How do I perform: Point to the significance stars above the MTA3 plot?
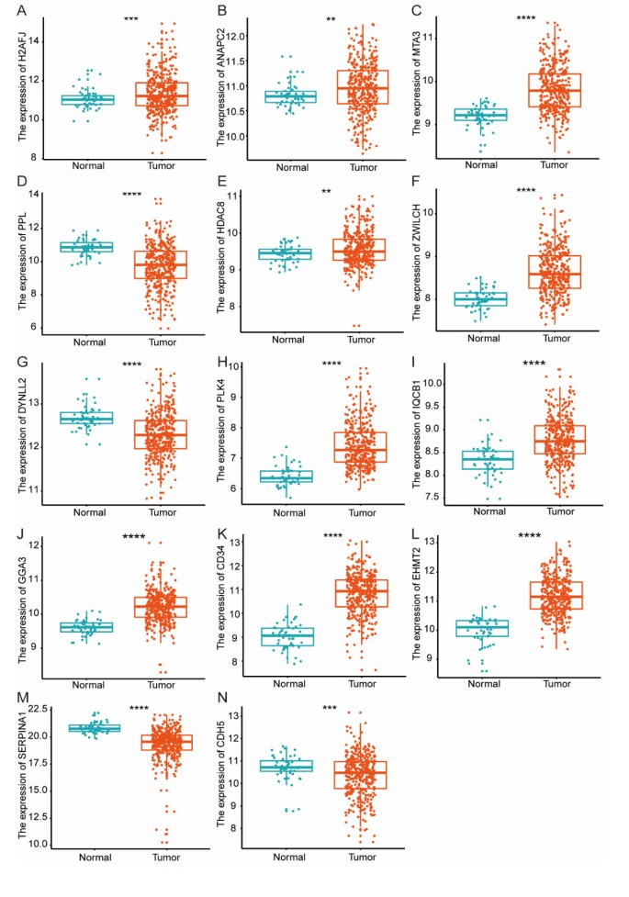click(526, 18)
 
